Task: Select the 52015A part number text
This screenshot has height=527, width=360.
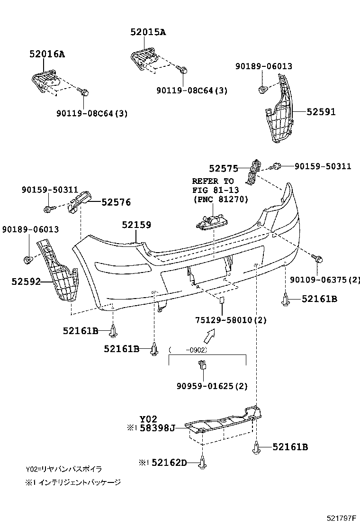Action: click(148, 32)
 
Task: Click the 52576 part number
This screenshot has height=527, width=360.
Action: click(116, 202)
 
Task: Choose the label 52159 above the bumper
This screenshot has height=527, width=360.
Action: click(136, 225)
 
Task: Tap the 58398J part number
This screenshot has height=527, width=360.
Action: click(157, 428)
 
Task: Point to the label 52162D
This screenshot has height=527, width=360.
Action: click(170, 462)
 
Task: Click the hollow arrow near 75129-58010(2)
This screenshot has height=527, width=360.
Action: click(207, 337)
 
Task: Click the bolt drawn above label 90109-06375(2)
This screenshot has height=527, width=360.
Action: click(318, 258)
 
